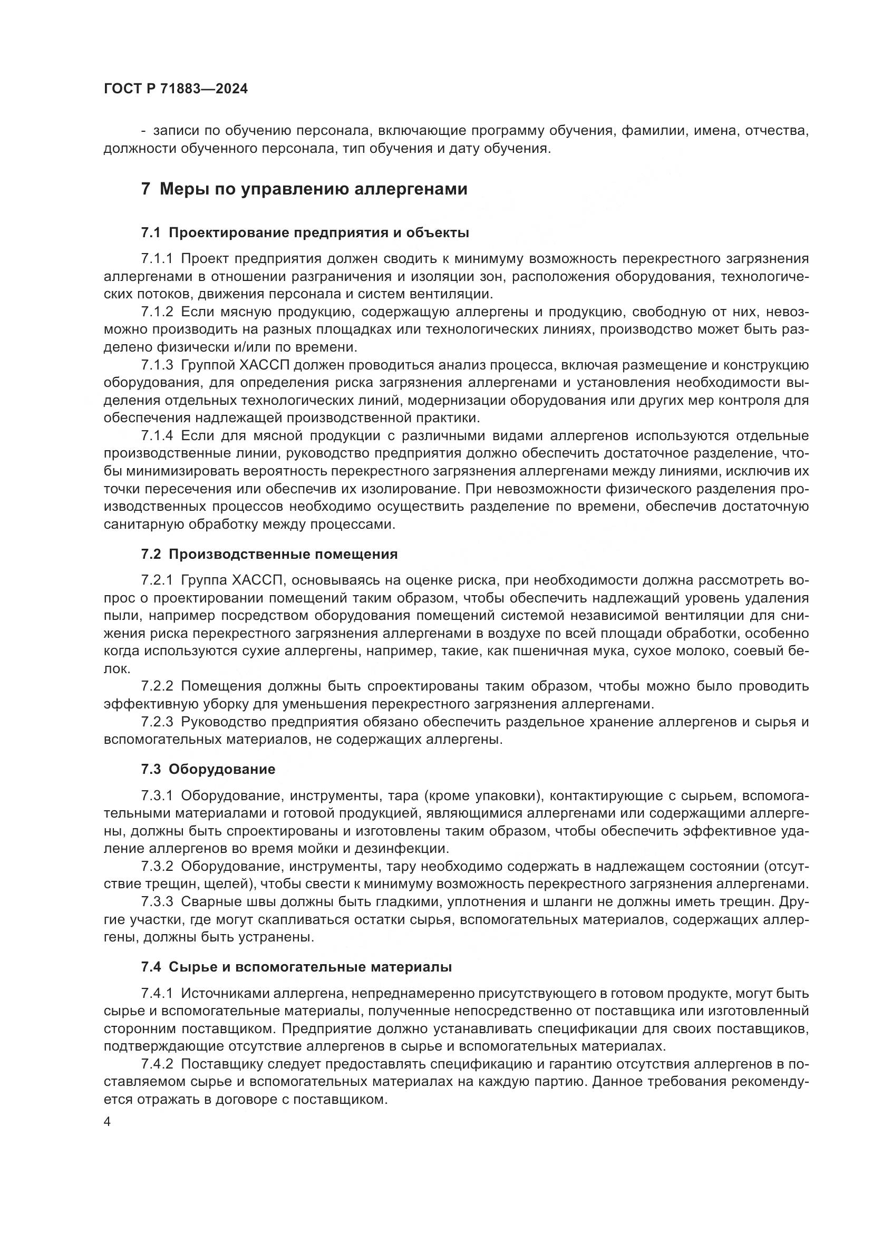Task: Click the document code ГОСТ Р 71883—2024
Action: point(176,89)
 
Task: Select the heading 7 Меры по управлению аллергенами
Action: point(304,189)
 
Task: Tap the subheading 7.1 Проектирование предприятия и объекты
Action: point(305,232)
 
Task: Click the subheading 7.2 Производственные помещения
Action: point(269,554)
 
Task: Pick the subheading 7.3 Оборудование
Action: point(208,769)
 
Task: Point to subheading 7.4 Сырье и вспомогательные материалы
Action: point(296,967)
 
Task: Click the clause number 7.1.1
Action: point(157,259)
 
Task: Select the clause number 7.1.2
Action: point(157,312)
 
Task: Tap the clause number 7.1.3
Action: point(157,365)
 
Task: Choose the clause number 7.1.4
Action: point(157,435)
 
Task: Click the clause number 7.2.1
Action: point(157,580)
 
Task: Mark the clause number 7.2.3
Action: point(157,722)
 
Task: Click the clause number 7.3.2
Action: point(157,866)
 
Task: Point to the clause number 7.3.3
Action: point(157,901)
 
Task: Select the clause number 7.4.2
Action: point(157,1064)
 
